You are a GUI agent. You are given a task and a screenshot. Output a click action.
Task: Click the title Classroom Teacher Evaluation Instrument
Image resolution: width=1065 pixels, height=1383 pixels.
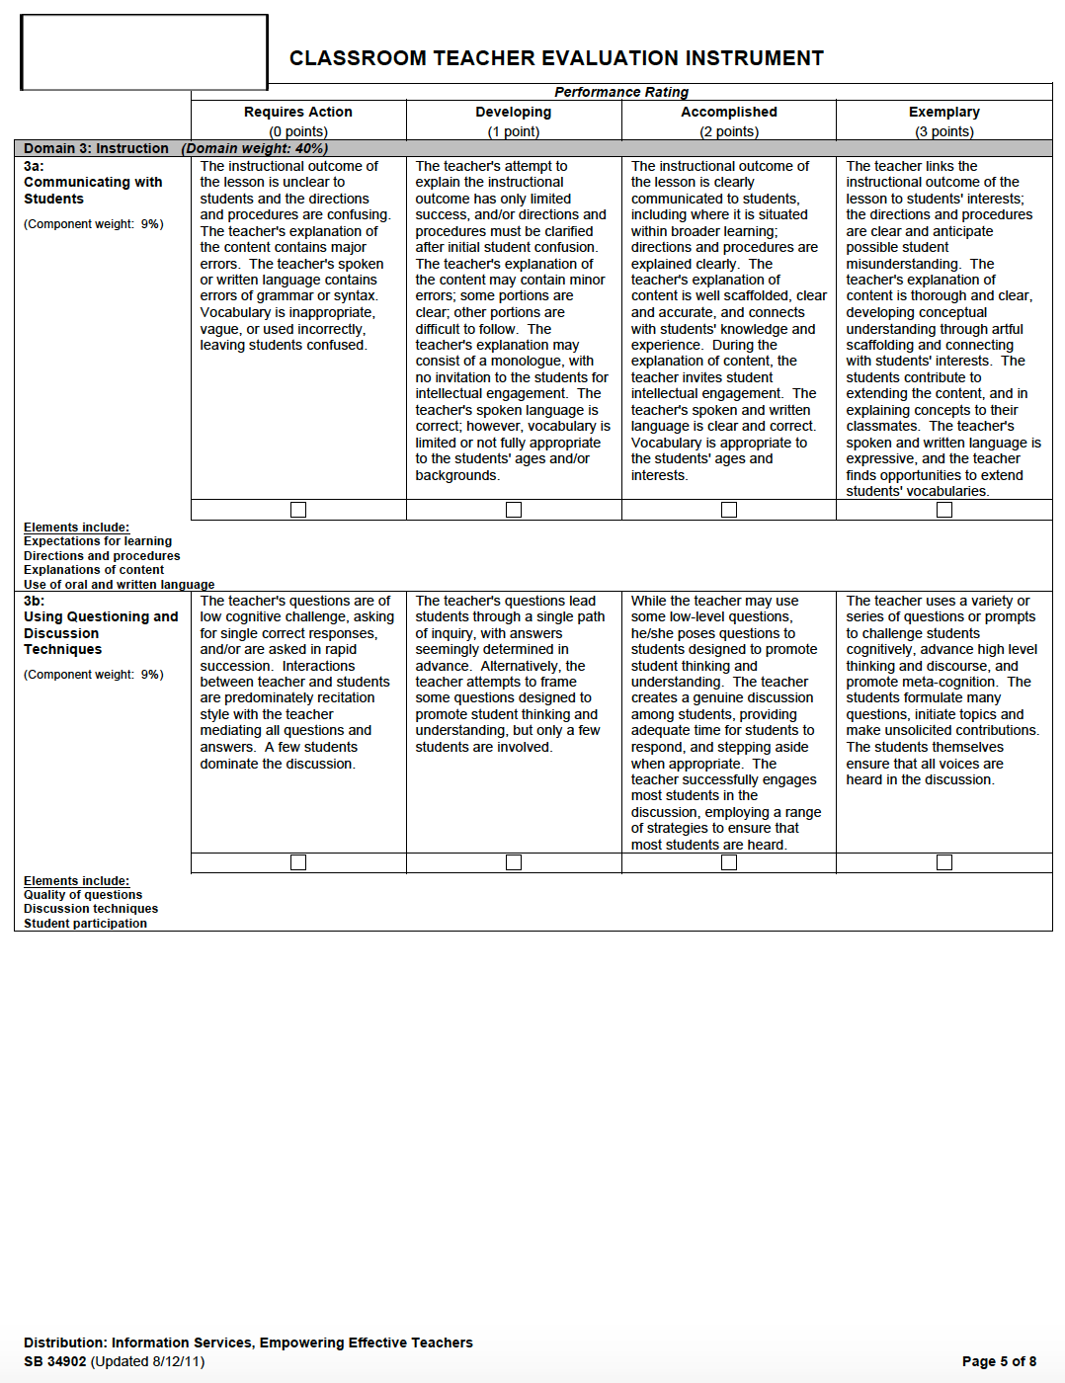click(556, 58)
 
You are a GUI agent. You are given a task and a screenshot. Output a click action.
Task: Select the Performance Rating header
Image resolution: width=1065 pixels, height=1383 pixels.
click(621, 92)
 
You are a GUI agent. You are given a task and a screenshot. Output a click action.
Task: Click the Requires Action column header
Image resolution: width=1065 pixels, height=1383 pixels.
click(298, 113)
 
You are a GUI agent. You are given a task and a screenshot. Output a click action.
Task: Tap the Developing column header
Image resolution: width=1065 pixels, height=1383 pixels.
click(514, 113)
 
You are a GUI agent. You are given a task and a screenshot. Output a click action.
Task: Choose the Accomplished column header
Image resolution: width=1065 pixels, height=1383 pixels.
click(729, 113)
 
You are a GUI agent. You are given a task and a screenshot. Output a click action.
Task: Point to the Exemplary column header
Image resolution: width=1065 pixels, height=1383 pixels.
click(944, 113)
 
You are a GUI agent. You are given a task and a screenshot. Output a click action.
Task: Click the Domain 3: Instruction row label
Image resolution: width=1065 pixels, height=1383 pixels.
click(96, 148)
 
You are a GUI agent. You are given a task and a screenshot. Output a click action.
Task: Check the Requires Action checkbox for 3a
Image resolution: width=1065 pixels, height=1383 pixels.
click(298, 510)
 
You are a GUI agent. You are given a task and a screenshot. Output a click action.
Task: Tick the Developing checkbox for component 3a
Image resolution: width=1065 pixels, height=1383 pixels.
click(514, 510)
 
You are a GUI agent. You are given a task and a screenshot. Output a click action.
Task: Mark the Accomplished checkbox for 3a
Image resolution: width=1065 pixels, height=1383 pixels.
click(729, 510)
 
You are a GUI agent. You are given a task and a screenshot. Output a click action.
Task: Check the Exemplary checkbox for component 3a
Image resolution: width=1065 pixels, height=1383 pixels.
click(944, 510)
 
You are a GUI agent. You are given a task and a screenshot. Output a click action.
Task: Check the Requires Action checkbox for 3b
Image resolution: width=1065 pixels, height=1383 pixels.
click(298, 862)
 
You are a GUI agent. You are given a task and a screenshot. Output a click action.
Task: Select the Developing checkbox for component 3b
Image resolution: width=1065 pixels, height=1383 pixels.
click(514, 862)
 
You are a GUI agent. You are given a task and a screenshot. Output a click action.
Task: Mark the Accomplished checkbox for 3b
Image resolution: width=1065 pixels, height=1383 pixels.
click(729, 862)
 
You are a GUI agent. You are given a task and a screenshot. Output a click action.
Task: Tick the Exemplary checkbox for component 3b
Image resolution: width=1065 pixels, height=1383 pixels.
click(944, 862)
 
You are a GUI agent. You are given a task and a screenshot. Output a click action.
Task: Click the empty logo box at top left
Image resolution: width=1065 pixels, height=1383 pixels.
click(144, 52)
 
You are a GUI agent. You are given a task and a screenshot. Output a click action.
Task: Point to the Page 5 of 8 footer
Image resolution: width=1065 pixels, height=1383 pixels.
click(999, 1361)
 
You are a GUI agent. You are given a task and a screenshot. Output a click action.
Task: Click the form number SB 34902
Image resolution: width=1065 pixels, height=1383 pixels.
click(55, 1361)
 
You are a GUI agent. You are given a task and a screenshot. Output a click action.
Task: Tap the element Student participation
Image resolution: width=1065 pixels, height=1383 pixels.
click(85, 924)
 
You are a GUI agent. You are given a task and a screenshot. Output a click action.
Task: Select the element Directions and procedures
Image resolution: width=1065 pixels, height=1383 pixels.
click(102, 556)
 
